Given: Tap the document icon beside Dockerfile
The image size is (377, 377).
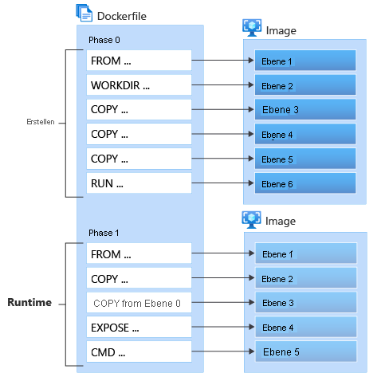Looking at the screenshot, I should pyautogui.click(x=83, y=12).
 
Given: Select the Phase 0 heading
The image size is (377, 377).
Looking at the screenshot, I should pyautogui.click(x=104, y=39).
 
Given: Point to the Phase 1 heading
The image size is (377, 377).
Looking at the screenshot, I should pyautogui.click(x=104, y=234).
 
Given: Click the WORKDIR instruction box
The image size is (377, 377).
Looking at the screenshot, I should pyautogui.click(x=139, y=85).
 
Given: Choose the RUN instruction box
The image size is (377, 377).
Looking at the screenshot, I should pyautogui.click(x=139, y=183).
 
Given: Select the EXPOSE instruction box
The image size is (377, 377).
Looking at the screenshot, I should pyautogui.click(x=139, y=327).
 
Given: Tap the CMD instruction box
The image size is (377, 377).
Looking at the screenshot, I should pyautogui.click(x=139, y=351).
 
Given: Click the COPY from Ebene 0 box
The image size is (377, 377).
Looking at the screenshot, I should pyautogui.click(x=139, y=303).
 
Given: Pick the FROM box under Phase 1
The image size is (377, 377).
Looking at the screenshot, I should pyautogui.click(x=139, y=255).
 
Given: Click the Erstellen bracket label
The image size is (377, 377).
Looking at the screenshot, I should pyautogui.click(x=40, y=122).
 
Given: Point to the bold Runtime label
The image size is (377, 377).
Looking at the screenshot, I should pyautogui.click(x=29, y=303).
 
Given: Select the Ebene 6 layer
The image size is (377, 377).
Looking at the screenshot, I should pyautogui.click(x=304, y=183).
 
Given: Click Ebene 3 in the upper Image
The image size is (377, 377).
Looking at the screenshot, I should pyautogui.click(x=304, y=110).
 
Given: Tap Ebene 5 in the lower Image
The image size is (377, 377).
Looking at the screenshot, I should pyautogui.click(x=304, y=351).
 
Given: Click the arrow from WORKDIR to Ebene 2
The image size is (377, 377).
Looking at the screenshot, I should pyautogui.click(x=222, y=84).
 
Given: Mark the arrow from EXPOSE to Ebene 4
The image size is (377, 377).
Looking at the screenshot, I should pyautogui.click(x=222, y=327).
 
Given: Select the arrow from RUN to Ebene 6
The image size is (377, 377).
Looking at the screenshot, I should pyautogui.click(x=222, y=183).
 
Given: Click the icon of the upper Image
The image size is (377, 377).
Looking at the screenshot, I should pyautogui.click(x=252, y=27).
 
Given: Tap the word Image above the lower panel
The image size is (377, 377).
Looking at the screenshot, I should pyautogui.click(x=281, y=221).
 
